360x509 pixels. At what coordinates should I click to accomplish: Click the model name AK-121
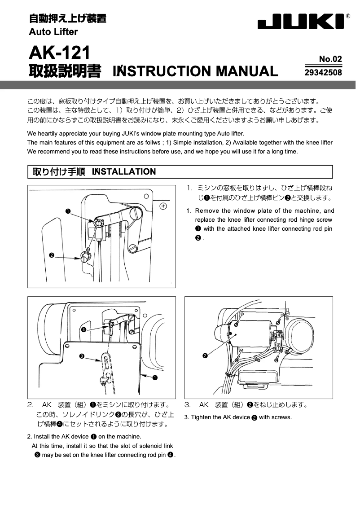[x=59, y=53]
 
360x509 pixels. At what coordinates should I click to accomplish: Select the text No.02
[x=330, y=59]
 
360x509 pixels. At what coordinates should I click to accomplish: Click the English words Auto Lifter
[x=53, y=32]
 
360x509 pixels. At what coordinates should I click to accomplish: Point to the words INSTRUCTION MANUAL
[x=195, y=71]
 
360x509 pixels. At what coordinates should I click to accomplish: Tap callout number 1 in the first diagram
[x=67, y=211]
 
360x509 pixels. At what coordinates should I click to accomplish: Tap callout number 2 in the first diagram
[x=52, y=255]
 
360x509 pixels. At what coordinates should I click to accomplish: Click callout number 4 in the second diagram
[x=84, y=329]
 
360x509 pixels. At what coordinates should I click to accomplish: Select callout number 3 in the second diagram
[x=81, y=356]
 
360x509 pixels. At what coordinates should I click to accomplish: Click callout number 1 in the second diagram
[x=155, y=377]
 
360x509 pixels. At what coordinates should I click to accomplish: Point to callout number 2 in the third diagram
[x=205, y=356]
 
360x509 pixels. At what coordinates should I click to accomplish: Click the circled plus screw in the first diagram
[x=163, y=206]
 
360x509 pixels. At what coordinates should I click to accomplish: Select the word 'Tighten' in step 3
[x=201, y=417]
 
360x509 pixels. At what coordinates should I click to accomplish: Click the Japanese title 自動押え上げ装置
[x=67, y=19]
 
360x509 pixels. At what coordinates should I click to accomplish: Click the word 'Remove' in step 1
[x=206, y=211]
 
